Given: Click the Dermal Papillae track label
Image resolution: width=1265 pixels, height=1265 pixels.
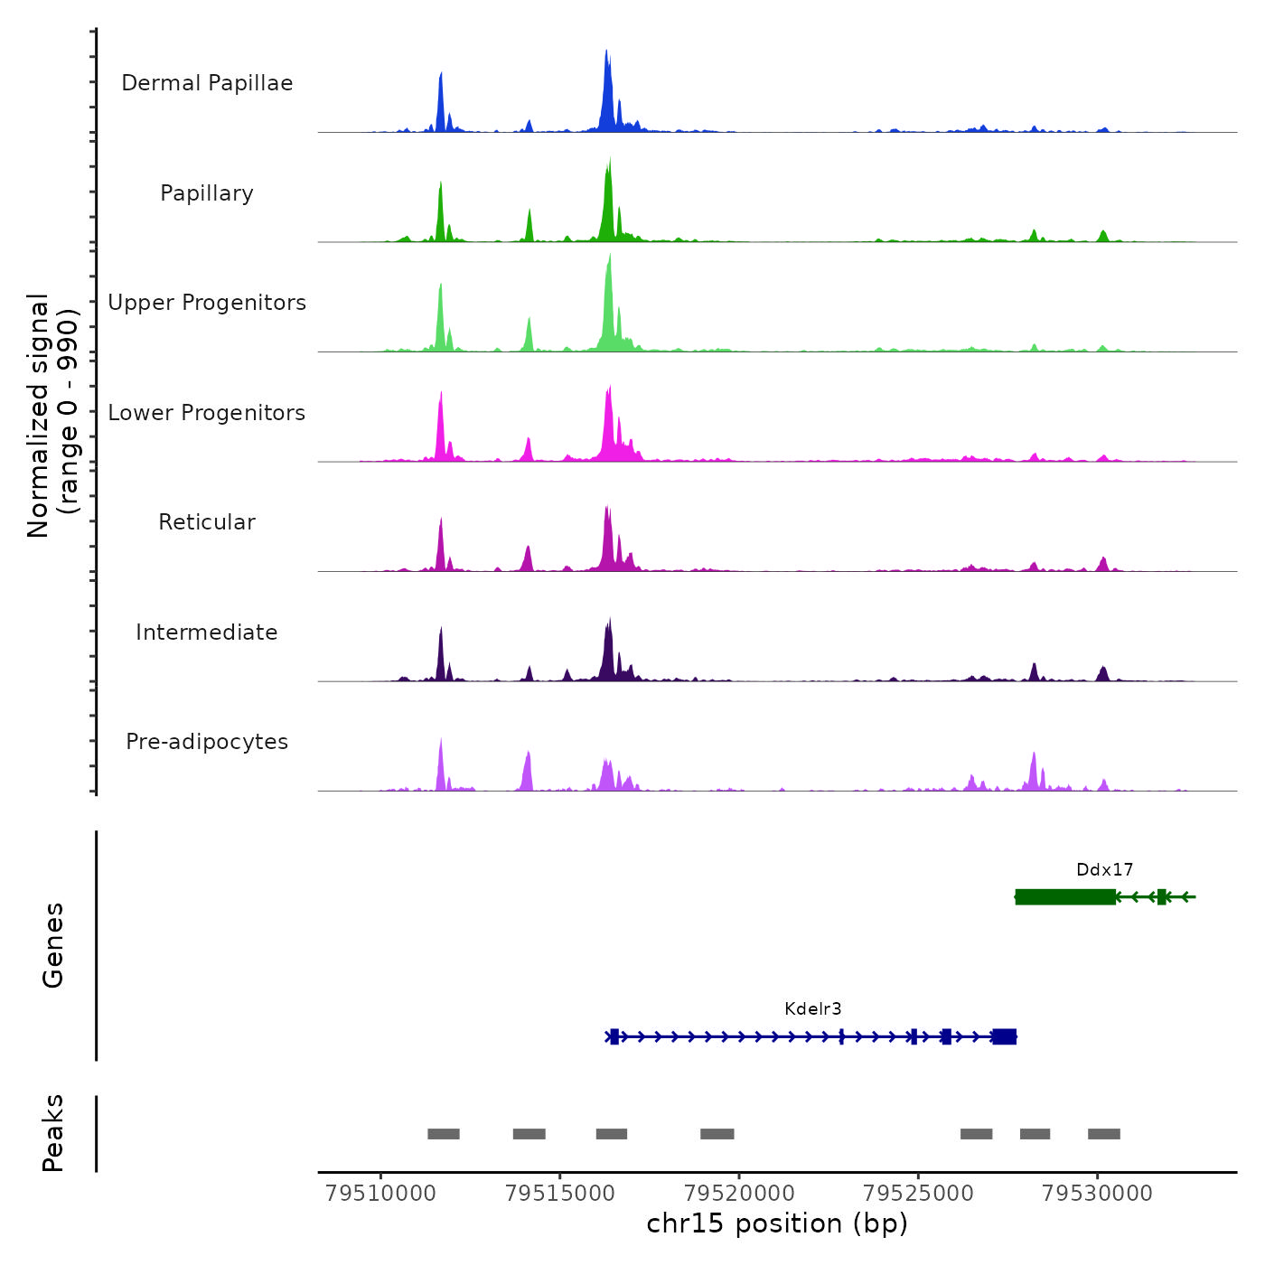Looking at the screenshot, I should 207,83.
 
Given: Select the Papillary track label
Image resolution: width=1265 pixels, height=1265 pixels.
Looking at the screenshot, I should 207,193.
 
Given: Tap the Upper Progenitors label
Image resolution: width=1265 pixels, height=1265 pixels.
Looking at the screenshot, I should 207,303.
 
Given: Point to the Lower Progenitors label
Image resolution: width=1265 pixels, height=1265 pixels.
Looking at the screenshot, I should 207,413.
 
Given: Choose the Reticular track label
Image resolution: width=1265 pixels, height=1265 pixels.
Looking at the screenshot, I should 207,522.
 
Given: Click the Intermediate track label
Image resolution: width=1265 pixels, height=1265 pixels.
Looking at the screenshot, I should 207,632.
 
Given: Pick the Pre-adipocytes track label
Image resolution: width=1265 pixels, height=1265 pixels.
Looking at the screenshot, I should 207,742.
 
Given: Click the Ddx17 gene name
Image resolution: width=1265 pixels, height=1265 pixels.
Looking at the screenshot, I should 1104,870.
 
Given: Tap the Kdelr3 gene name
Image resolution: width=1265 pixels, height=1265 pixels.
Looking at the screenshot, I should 813,1009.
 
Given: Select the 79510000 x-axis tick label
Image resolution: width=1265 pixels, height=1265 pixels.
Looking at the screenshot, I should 380,1194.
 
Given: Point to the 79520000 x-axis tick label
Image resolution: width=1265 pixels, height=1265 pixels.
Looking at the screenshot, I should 739,1194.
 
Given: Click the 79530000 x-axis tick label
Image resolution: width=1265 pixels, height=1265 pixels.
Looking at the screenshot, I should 1097,1194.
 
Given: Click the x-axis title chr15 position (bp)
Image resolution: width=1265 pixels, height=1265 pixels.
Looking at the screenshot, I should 777,1224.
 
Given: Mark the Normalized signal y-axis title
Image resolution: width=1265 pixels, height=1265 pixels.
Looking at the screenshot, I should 52,416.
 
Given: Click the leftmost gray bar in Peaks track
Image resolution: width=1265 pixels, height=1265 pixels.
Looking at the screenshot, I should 444,1134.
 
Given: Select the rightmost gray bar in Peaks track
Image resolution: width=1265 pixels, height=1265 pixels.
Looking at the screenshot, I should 1104,1134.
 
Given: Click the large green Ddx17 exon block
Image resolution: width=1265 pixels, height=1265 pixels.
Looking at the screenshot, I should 1065,897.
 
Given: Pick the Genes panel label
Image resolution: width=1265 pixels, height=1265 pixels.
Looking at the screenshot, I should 53,945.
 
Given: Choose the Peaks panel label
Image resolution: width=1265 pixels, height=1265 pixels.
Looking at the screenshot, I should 53,1133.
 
